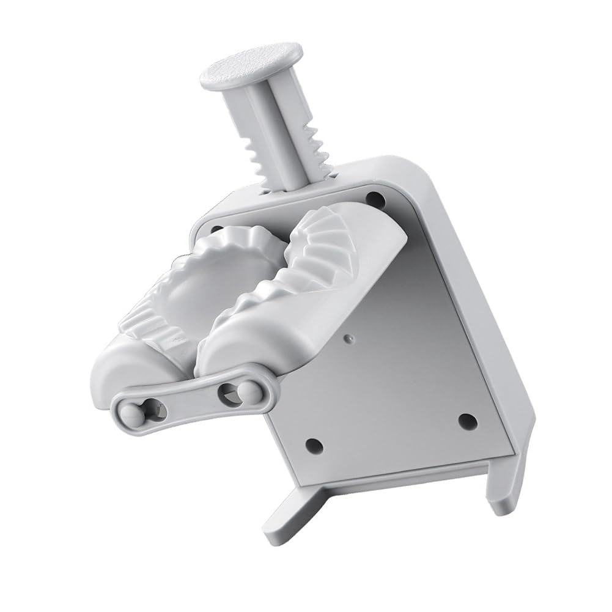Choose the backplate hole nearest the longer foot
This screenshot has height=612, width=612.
click(467, 420)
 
